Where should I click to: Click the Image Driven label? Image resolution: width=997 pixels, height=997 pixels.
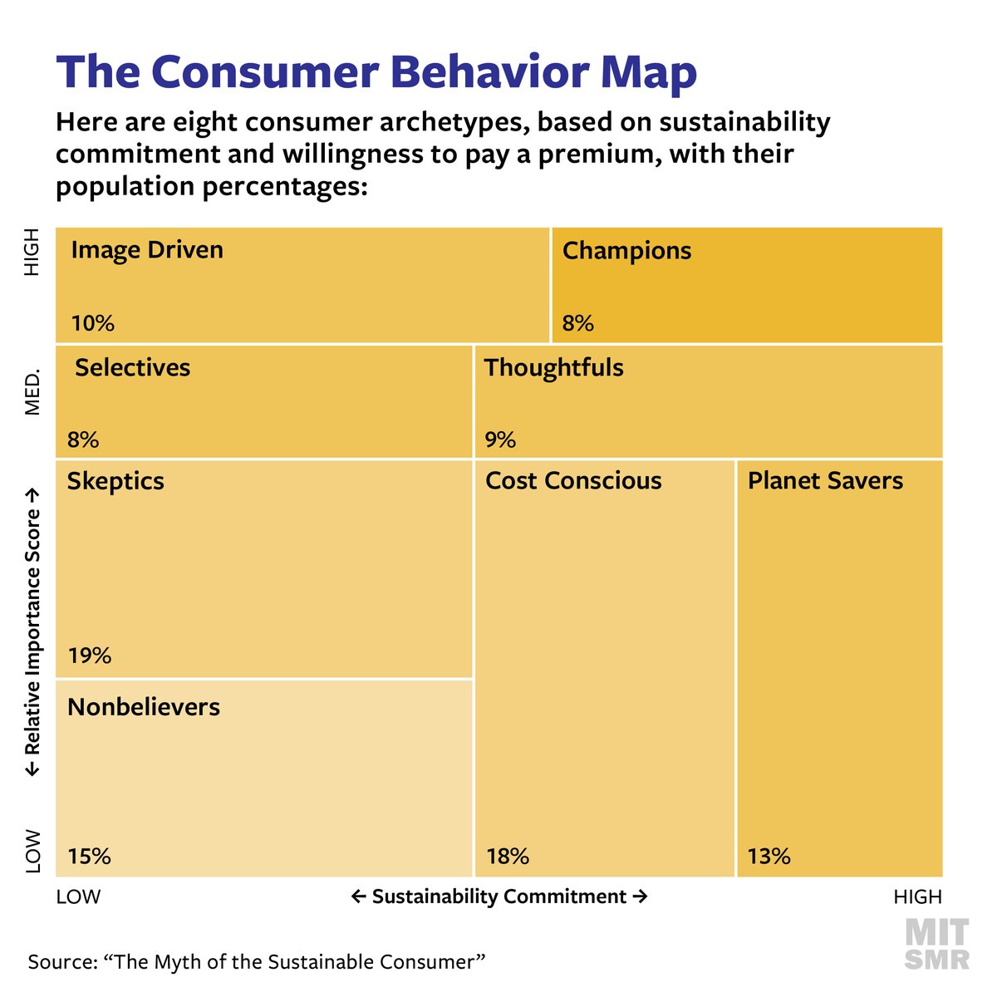click(x=147, y=250)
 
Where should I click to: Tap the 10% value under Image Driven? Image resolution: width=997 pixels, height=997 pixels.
click(x=92, y=323)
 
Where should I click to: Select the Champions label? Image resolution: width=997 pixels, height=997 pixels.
click(x=626, y=251)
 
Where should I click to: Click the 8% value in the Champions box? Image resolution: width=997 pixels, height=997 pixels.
click(x=577, y=323)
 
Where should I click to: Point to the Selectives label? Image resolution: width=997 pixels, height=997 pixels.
click(x=133, y=368)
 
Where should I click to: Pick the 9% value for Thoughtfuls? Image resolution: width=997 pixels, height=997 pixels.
click(x=500, y=440)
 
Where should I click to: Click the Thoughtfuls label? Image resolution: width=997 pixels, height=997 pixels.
click(x=553, y=368)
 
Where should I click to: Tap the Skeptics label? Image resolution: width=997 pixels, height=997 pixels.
click(x=115, y=482)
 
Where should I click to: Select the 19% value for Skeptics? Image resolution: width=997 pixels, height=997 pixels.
click(x=90, y=656)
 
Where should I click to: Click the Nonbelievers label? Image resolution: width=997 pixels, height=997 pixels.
click(x=144, y=707)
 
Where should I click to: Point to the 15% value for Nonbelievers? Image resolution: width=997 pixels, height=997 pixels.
click(x=89, y=857)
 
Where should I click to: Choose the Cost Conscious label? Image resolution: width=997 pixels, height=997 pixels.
click(x=573, y=481)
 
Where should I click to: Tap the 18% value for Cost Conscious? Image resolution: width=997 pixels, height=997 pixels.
click(x=507, y=857)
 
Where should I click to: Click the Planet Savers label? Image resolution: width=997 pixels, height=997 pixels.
click(x=825, y=481)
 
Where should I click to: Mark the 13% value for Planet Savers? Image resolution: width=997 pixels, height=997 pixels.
click(x=769, y=857)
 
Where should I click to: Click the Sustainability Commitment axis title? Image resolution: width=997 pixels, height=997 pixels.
click(x=498, y=897)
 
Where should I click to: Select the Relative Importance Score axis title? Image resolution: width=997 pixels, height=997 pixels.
click(x=32, y=631)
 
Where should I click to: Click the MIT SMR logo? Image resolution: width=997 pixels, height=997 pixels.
click(x=936, y=944)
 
